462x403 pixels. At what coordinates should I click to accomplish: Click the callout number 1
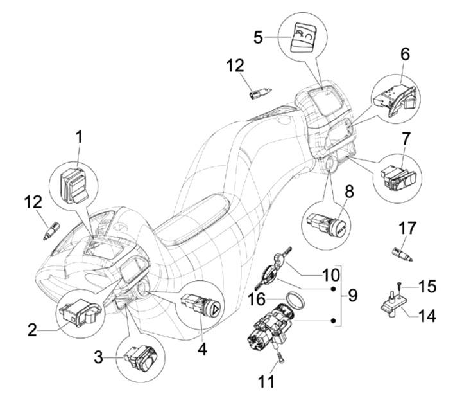(78, 138)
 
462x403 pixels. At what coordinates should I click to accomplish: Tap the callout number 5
(259, 37)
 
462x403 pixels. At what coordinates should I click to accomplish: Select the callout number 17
(407, 228)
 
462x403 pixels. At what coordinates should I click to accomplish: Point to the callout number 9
(353, 295)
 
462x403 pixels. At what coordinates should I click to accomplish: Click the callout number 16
(257, 300)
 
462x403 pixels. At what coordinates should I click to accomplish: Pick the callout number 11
(266, 381)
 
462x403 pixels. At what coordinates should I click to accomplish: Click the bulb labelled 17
(403, 255)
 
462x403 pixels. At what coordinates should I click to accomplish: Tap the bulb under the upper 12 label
(260, 94)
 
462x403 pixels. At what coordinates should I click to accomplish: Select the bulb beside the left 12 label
(51, 231)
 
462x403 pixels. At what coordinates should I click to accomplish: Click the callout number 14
(427, 316)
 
